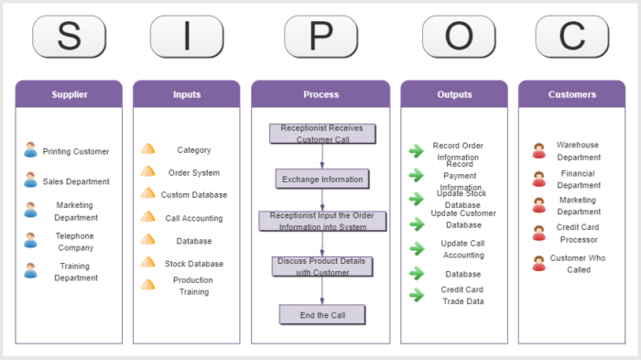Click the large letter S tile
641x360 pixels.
(69, 37)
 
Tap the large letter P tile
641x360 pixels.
(320, 37)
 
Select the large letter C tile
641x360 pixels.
(572, 37)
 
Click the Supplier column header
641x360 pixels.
(69, 94)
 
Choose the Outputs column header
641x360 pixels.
(454, 94)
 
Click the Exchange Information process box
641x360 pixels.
(321, 179)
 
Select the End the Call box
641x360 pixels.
(321, 314)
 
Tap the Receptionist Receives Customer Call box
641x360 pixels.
(321, 134)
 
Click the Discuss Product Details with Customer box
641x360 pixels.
(321, 267)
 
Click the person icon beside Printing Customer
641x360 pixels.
(31, 150)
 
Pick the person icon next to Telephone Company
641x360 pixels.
(31, 241)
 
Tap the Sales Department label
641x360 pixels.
(76, 181)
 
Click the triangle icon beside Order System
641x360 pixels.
(148, 171)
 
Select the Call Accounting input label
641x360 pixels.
(193, 218)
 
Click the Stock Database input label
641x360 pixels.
(193, 264)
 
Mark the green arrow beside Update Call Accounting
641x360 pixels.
(417, 248)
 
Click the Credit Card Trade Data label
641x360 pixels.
(462, 295)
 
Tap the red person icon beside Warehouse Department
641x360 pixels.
(539, 150)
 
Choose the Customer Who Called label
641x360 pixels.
(579, 264)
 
